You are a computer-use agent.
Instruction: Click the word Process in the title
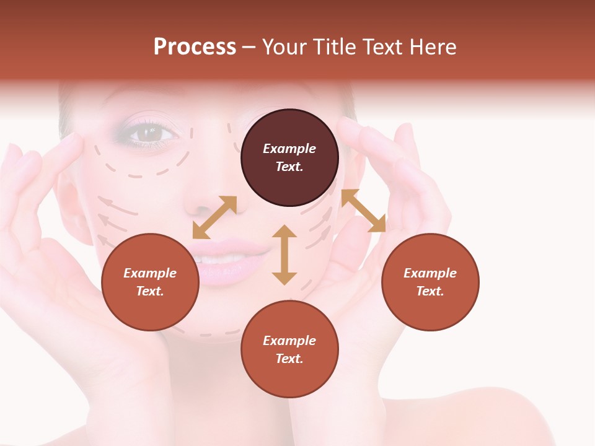pos(195,47)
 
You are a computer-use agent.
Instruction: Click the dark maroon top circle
pos(289,158)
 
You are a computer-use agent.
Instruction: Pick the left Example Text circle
pos(150,282)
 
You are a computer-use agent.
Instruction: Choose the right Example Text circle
pos(430,282)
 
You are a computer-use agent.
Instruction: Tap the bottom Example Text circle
pos(289,349)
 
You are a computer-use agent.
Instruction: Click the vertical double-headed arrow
pos(284,255)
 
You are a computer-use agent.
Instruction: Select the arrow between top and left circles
pos(214,217)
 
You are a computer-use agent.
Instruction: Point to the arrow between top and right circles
pos(364,211)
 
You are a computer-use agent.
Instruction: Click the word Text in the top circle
pos(289,167)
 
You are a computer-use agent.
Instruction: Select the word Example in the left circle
pos(150,273)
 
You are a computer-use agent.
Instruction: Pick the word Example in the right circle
pos(430,273)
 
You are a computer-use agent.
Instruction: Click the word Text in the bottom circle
pos(289,359)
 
